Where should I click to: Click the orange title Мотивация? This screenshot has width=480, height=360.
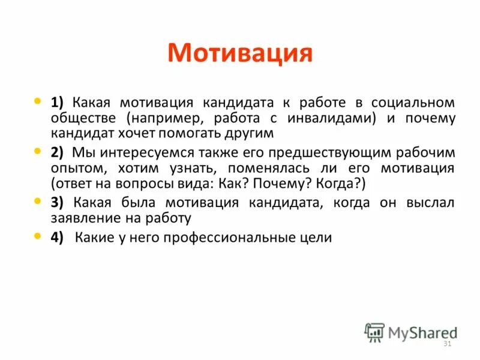pos(240,53)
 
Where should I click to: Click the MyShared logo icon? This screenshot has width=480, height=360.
pos(374,332)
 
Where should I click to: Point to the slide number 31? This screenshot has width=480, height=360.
pos(446,343)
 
